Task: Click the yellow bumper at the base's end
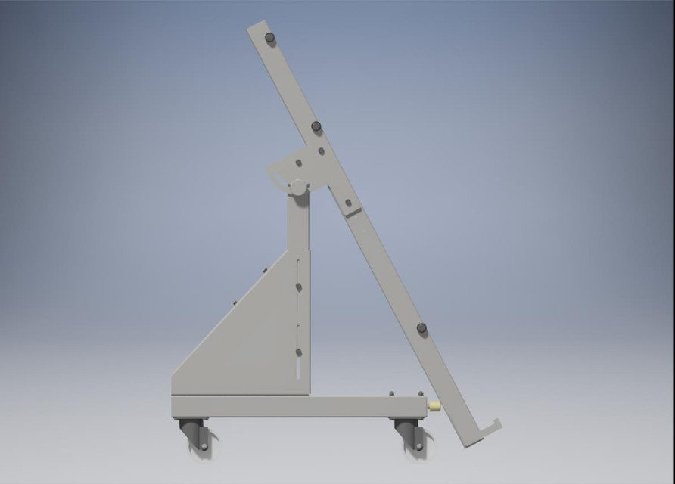(434, 406)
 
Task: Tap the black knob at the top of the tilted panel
(269, 37)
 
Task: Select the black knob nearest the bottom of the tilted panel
(421, 328)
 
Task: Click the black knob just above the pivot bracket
(316, 126)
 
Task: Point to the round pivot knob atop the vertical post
(298, 186)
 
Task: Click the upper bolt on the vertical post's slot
(298, 287)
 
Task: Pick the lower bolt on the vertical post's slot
(298, 352)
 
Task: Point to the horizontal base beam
(295, 406)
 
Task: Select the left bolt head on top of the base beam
(391, 393)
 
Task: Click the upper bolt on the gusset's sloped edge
(265, 270)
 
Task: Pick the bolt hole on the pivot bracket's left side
(298, 163)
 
